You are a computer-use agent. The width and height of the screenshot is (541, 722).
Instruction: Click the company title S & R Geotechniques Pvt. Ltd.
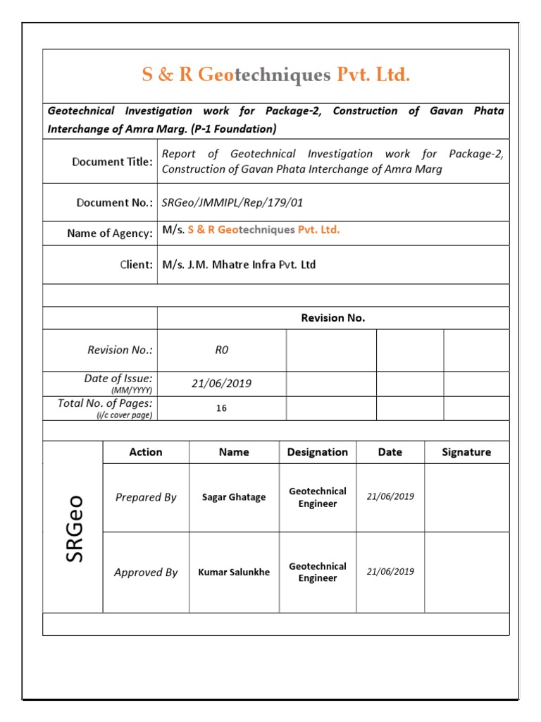275,75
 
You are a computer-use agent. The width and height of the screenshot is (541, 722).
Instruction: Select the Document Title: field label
112,162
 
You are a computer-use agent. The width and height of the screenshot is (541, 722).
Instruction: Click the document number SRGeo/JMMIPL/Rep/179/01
232,203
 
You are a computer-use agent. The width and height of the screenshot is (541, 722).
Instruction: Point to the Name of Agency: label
109,233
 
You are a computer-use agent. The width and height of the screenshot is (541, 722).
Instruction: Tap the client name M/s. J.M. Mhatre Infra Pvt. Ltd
239,265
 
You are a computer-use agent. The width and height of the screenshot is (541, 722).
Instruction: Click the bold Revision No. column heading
332,318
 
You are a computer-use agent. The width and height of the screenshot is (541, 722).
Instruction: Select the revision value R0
221,350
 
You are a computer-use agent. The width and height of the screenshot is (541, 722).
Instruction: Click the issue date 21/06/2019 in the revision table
221,384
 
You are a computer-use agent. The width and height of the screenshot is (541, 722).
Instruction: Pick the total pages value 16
221,408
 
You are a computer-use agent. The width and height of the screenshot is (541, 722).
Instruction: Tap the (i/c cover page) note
124,415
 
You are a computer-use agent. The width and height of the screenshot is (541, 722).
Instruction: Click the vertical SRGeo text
75,527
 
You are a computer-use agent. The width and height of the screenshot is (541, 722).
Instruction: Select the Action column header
146,453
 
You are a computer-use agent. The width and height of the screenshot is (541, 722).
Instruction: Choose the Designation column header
318,453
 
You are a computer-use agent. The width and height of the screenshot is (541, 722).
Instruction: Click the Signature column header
466,453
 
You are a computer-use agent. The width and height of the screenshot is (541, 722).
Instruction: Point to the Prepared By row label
146,498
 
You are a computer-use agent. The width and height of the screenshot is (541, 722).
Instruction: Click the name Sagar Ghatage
234,498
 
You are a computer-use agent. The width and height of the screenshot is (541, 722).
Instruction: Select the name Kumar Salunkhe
234,573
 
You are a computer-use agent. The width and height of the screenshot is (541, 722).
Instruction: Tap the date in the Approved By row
390,572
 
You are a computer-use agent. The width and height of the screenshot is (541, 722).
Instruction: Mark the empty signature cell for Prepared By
466,498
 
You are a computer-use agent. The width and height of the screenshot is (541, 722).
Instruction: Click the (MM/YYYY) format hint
132,391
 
